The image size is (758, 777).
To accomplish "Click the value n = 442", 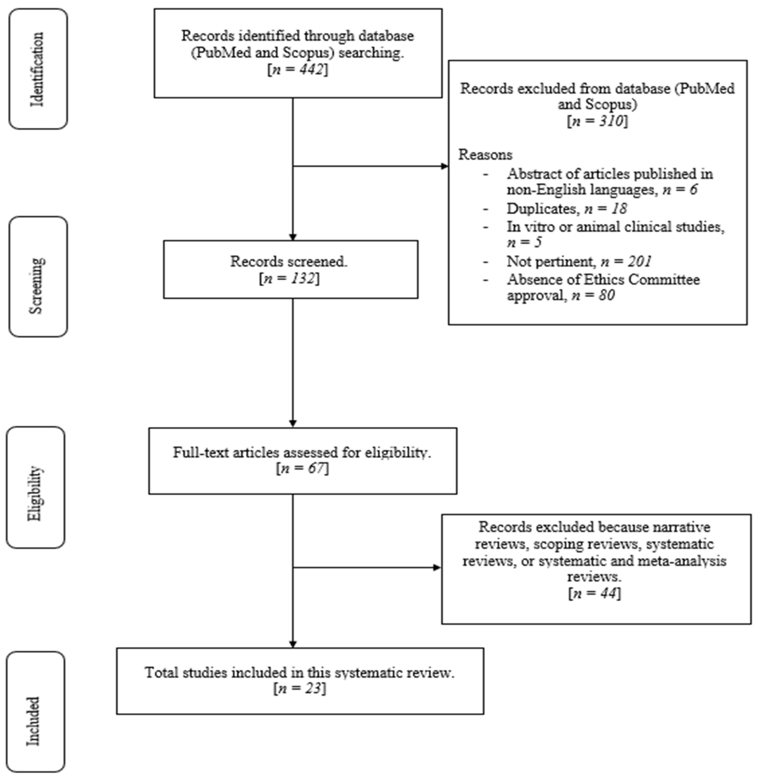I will [x=298, y=70].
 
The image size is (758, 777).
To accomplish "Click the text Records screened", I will [x=289, y=261].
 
